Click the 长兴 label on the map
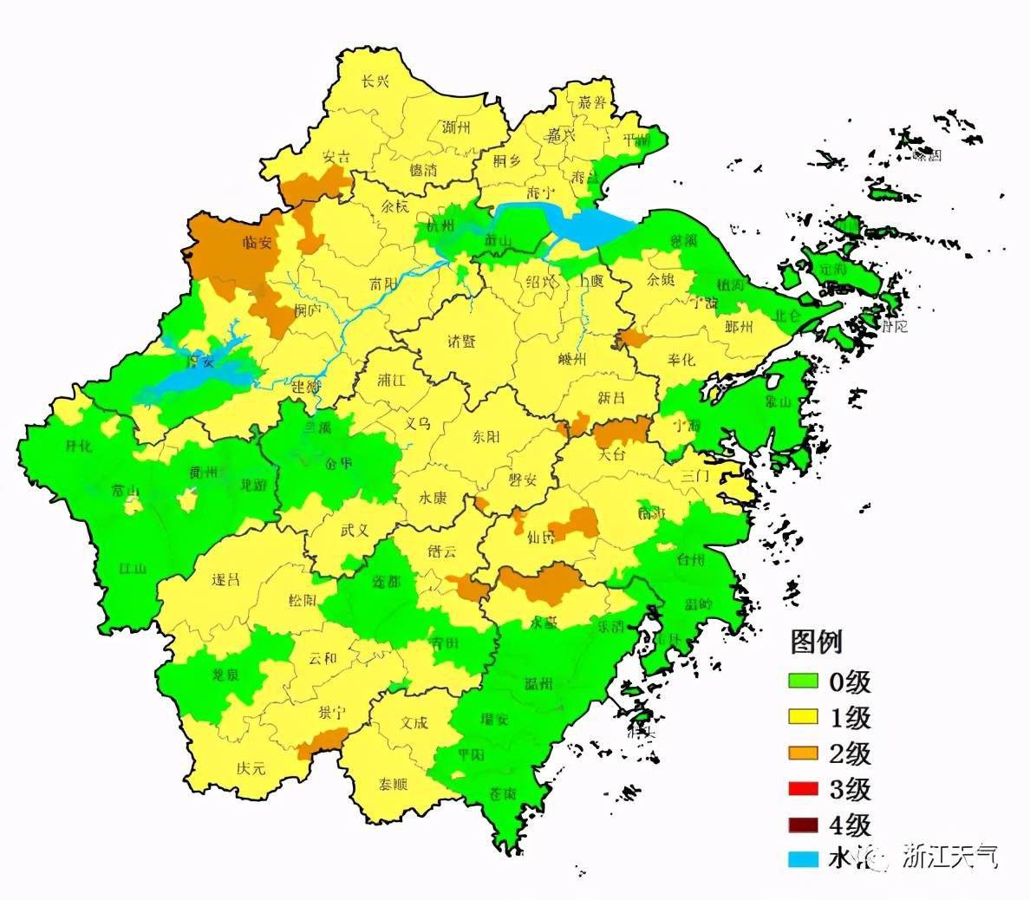375,82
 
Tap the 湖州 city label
455,127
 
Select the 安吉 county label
336,157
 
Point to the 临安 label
257,242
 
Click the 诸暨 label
461,341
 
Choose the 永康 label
433,499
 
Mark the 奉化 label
681,359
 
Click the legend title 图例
816,642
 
